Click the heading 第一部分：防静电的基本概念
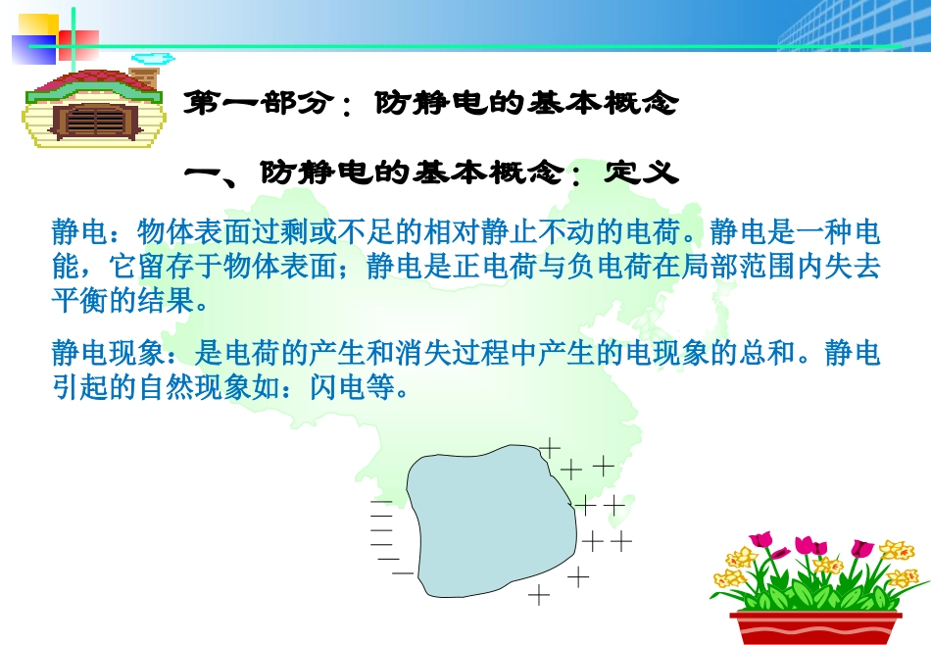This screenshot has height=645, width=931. [430, 103]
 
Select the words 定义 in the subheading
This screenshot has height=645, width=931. [641, 173]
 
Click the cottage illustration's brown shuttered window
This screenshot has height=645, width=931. [96, 122]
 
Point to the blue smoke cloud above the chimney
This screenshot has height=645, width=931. [153, 58]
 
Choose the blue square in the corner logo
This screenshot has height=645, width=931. [34, 50]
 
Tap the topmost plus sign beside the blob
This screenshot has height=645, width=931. [549, 448]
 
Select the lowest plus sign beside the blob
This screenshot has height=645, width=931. [539, 594]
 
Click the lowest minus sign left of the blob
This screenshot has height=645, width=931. [403, 573]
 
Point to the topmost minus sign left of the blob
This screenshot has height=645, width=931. [381, 502]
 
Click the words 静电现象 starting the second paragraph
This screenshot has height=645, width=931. [108, 353]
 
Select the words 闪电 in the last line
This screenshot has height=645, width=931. [337, 387]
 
